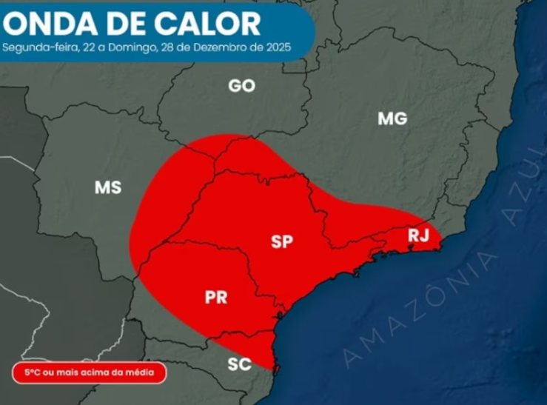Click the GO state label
(x=241, y=86)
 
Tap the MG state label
(x=392, y=118)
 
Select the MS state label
(x=107, y=188)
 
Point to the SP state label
(x=282, y=241)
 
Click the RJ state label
(x=418, y=235)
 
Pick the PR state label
(x=215, y=298)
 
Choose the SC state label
(x=239, y=364)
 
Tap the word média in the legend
(x=144, y=372)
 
